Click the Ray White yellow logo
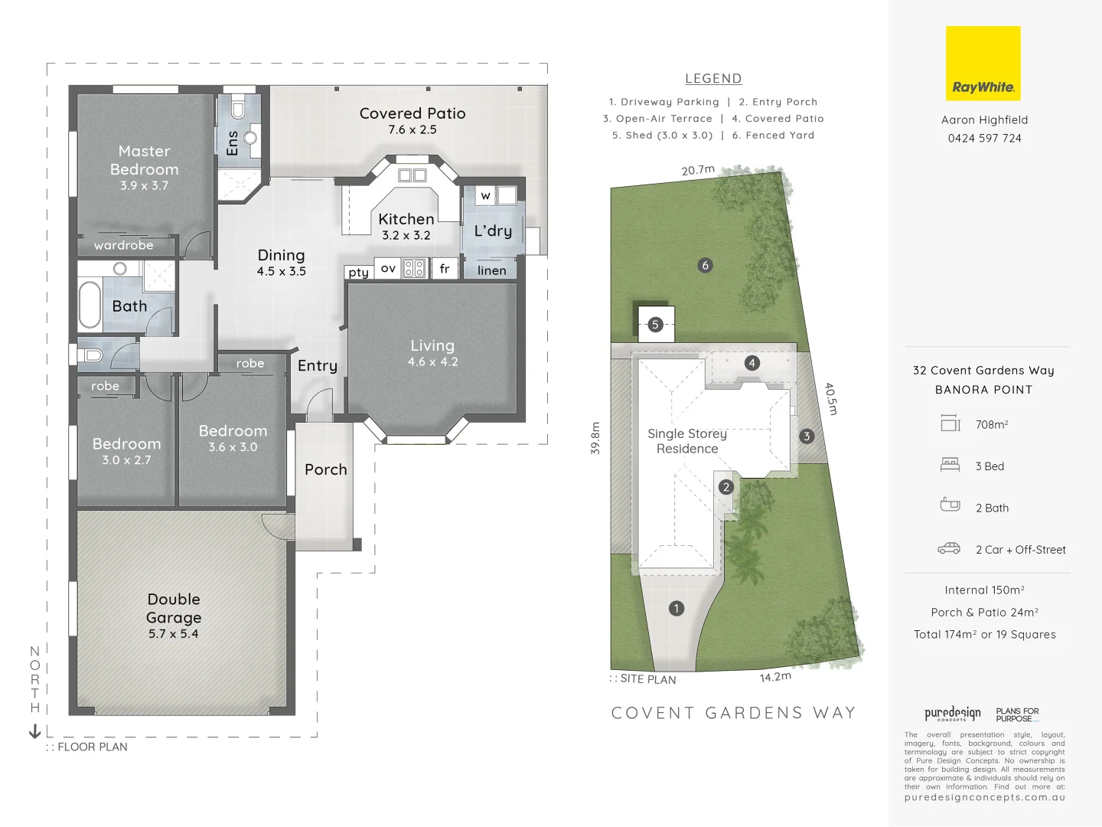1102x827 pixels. click(x=983, y=64)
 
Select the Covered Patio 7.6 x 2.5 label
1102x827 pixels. click(x=412, y=120)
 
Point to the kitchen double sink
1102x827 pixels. click(x=412, y=175)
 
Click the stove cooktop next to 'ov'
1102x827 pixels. click(x=414, y=268)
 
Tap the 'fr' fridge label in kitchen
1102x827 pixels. click(x=445, y=269)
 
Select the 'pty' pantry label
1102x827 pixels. click(x=358, y=272)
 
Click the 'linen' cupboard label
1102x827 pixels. click(x=491, y=270)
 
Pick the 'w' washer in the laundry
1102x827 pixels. click(x=485, y=195)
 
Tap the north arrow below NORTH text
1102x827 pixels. click(x=34, y=731)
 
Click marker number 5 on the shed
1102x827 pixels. click(x=655, y=325)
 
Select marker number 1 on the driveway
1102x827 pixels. click(x=677, y=609)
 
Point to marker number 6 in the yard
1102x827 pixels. click(x=706, y=266)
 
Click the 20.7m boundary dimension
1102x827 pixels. click(x=698, y=170)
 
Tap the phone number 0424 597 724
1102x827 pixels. click(x=984, y=139)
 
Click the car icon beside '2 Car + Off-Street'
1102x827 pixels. click(x=949, y=548)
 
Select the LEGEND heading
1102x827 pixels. click(x=713, y=78)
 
